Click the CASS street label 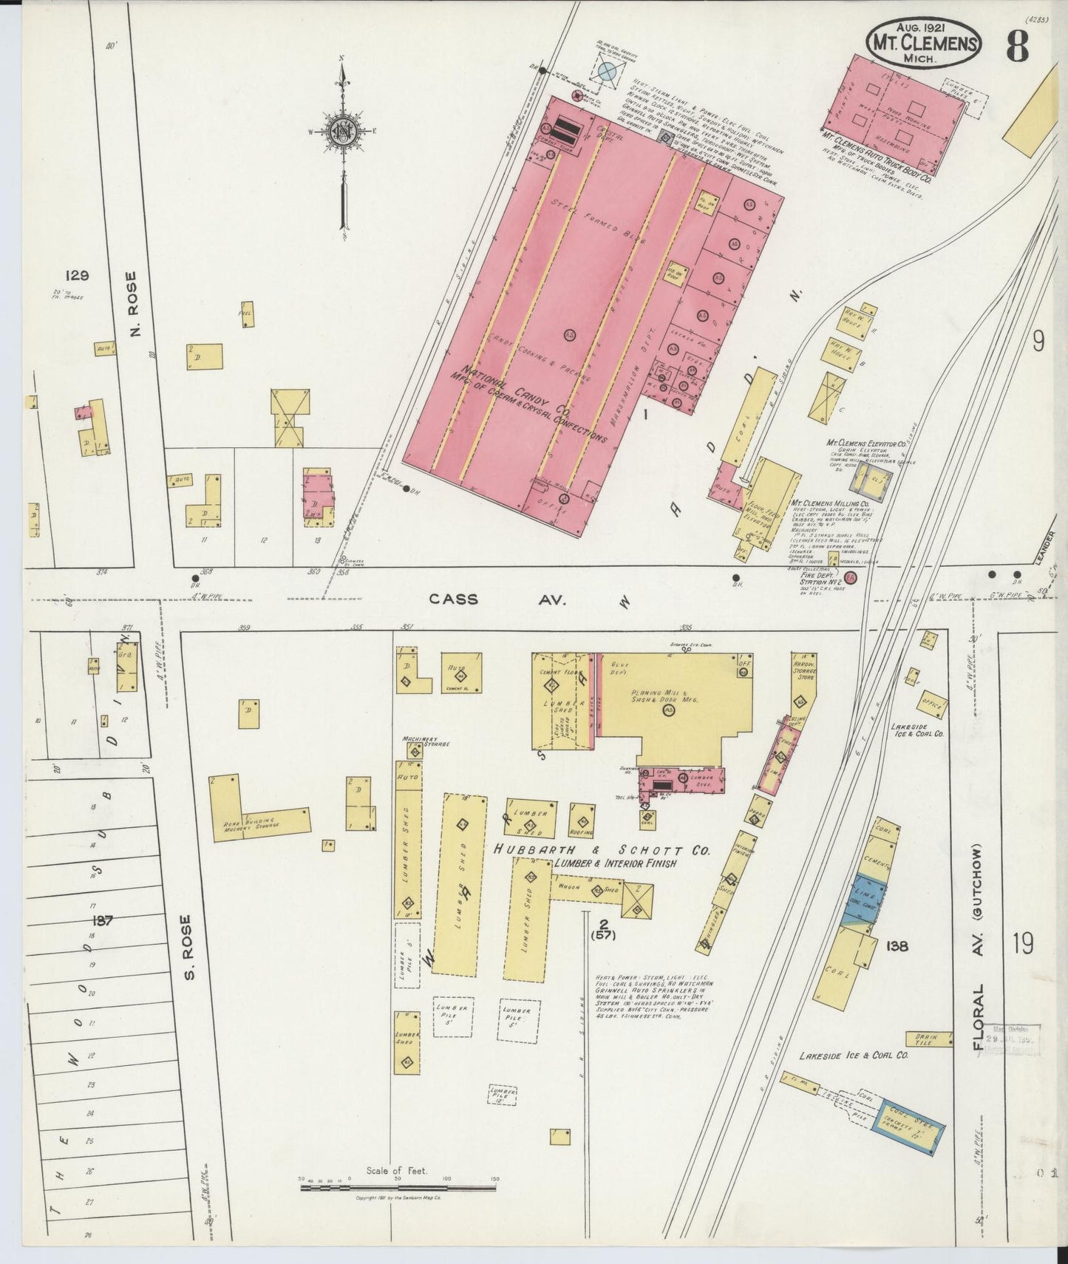click(x=454, y=599)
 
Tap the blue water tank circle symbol click(x=606, y=71)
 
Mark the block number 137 click(x=102, y=920)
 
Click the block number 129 click(x=77, y=276)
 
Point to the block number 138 click(x=893, y=945)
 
